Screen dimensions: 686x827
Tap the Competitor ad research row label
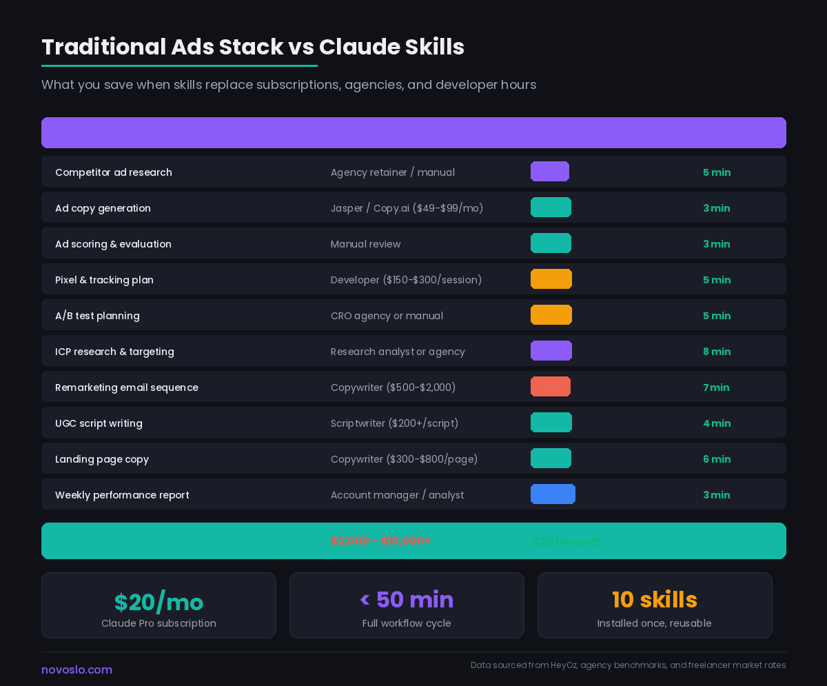[114, 172]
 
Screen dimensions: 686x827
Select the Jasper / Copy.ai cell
[407, 208]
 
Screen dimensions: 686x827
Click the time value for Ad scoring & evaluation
[716, 244]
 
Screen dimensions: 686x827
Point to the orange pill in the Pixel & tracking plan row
[551, 279]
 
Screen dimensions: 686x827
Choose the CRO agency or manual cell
[387, 316]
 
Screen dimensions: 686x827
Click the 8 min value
[716, 352]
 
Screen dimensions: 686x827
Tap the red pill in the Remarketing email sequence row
[551, 387]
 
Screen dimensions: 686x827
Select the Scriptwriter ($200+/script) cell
[394, 423]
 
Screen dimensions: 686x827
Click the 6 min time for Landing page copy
[716, 459]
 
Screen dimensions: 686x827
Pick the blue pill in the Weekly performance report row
[553, 494]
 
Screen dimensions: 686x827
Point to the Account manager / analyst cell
[397, 495]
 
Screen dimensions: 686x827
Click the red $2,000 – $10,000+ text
[380, 541]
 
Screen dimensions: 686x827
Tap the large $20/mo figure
[159, 602]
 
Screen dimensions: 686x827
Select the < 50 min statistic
[407, 600]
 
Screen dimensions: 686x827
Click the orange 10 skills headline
[655, 600]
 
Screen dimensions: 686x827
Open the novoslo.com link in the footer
[76, 669]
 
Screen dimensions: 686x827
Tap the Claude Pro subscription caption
[159, 623]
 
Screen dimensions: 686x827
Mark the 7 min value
[716, 387]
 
